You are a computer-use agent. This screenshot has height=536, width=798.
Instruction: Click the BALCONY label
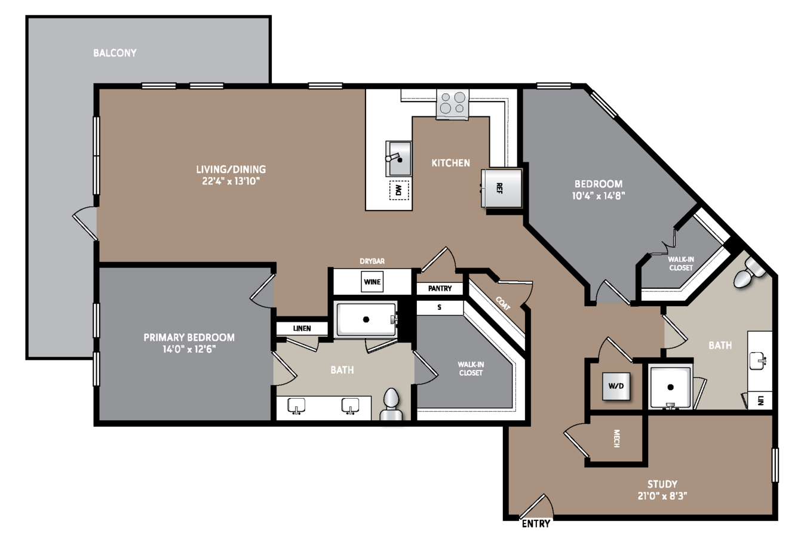115,53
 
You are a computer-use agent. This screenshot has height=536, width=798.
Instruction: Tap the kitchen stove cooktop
453,104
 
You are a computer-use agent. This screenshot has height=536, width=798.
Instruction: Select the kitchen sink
399,159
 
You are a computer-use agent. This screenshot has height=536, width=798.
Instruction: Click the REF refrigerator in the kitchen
502,188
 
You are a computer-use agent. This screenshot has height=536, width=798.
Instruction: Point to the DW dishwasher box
399,190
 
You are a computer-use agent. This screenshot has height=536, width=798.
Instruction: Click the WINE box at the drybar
372,282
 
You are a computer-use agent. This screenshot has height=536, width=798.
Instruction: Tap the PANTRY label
440,289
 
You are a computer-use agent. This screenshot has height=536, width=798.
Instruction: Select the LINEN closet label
302,328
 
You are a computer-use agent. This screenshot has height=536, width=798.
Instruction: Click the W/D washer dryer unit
616,386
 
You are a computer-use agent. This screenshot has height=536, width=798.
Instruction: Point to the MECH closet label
616,439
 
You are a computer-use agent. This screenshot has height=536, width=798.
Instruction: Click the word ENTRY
536,523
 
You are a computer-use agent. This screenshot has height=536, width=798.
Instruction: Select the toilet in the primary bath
391,405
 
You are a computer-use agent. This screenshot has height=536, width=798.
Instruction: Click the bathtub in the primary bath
366,319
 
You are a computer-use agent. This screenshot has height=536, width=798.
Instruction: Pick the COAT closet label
503,303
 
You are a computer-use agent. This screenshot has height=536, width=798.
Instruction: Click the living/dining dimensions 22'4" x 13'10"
231,181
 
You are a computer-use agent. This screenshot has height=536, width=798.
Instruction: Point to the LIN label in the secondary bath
760,401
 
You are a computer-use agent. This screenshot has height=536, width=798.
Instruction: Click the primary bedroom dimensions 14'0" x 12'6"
189,349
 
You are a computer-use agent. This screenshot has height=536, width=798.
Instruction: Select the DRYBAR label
372,261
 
